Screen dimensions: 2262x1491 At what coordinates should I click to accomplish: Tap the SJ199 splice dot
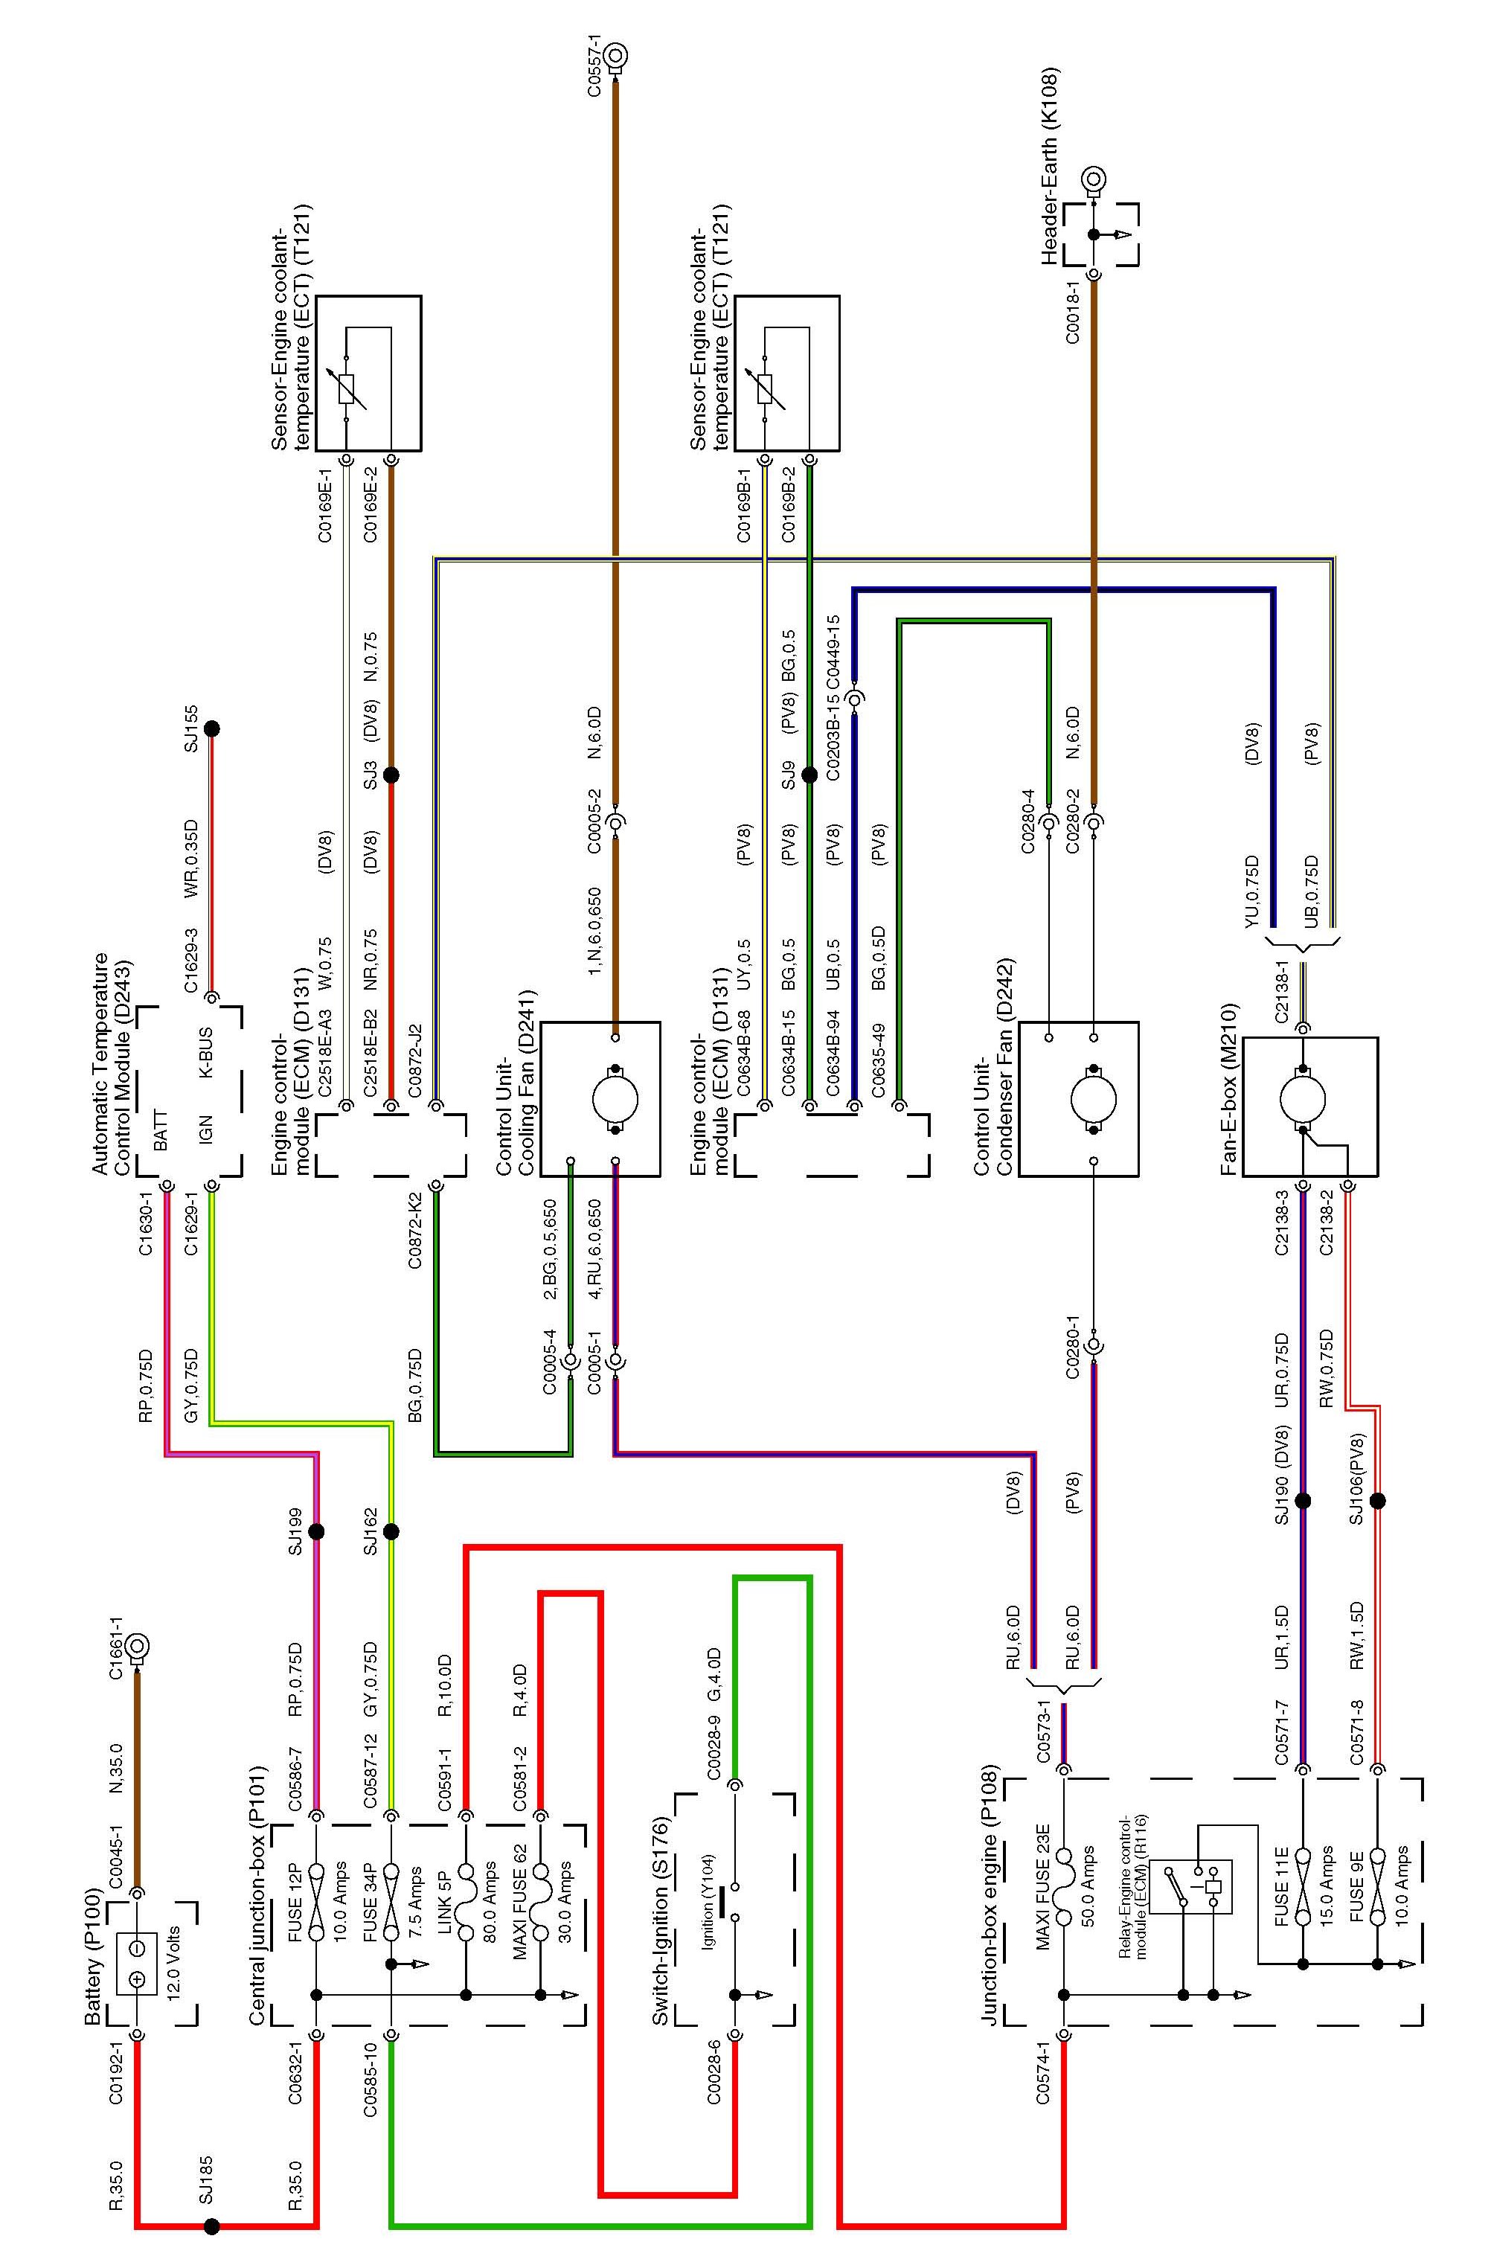click(317, 1532)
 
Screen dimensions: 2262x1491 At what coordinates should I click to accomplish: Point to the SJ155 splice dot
click(212, 729)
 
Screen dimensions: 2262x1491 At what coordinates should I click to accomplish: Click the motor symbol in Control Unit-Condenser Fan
click(1094, 1099)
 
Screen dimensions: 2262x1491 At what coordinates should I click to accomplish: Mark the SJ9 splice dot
click(809, 775)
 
